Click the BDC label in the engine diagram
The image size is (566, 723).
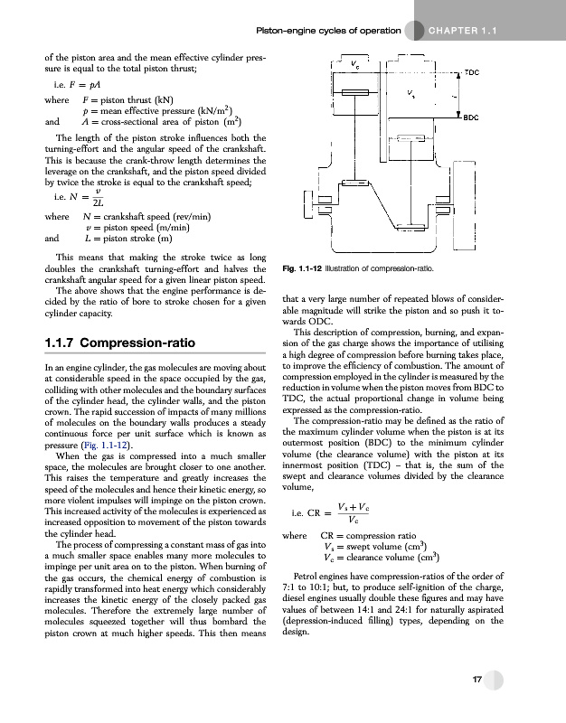click(470, 117)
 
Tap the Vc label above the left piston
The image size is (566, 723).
click(354, 64)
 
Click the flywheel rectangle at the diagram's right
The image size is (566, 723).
click(470, 204)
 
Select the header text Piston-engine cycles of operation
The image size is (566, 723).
click(328, 32)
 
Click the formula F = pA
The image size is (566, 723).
click(77, 82)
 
